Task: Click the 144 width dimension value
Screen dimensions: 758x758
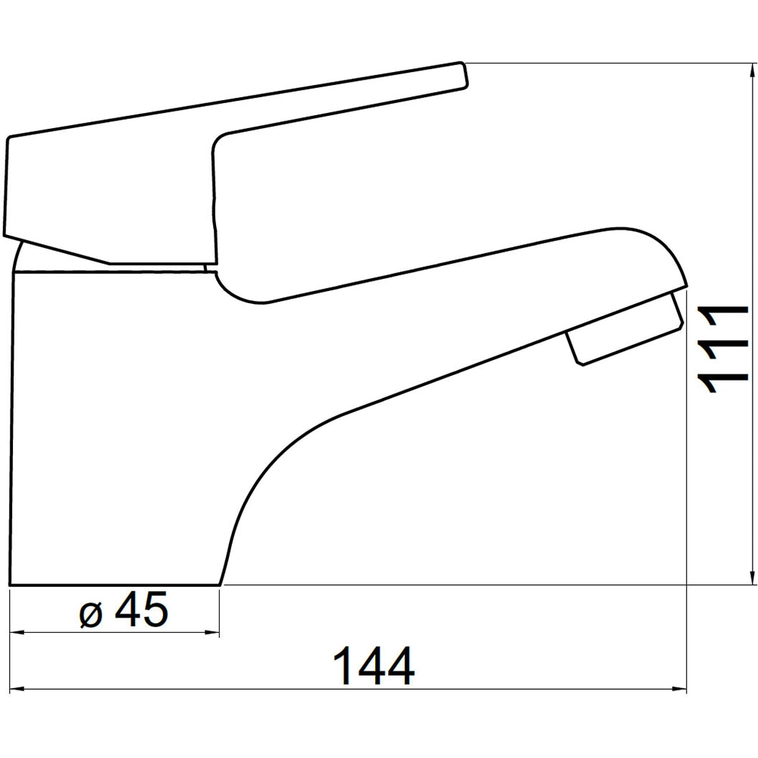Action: click(x=374, y=666)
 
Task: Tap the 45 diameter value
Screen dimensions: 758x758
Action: click(x=141, y=609)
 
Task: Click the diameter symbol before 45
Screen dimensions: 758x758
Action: click(x=92, y=615)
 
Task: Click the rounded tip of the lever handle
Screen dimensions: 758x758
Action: click(x=463, y=75)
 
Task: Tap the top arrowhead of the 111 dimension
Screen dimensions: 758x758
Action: click(x=752, y=71)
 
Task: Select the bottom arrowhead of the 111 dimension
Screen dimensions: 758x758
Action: click(x=752, y=576)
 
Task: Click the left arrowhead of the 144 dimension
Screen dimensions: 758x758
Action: click(x=17, y=690)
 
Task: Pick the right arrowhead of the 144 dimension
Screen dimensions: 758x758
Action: click(x=678, y=690)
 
